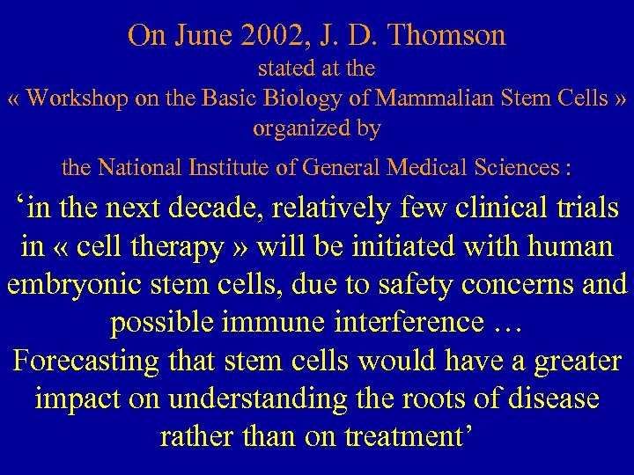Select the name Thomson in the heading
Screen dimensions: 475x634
point(448,35)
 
